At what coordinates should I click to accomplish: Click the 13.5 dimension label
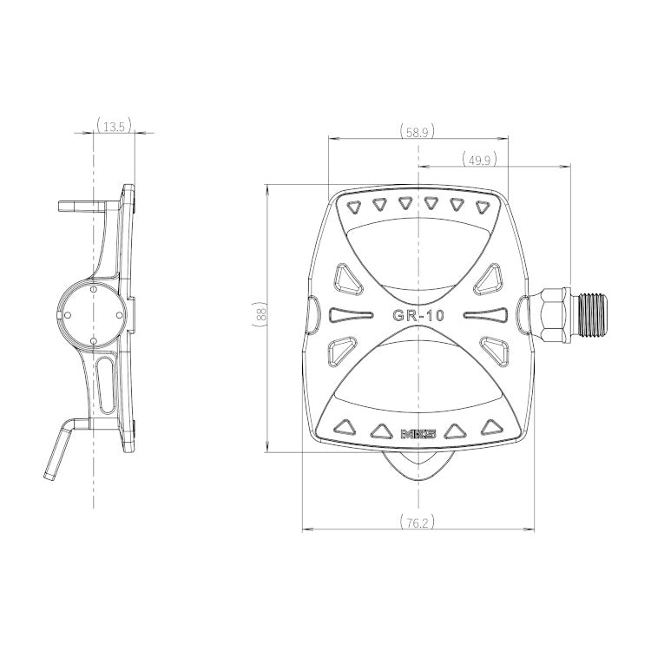tap(115, 126)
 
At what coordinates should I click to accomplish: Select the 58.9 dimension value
tap(418, 132)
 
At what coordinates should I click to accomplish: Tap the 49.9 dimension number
tap(479, 160)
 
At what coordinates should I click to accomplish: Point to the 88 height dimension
tap(260, 314)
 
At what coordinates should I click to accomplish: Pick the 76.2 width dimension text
tap(418, 523)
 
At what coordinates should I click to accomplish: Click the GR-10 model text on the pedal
tap(418, 316)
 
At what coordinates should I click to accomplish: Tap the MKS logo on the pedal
tap(418, 434)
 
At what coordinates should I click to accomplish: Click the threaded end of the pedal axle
tap(592, 314)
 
